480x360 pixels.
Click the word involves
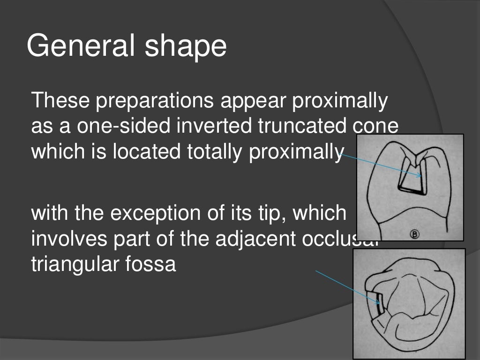[x=67, y=240]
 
